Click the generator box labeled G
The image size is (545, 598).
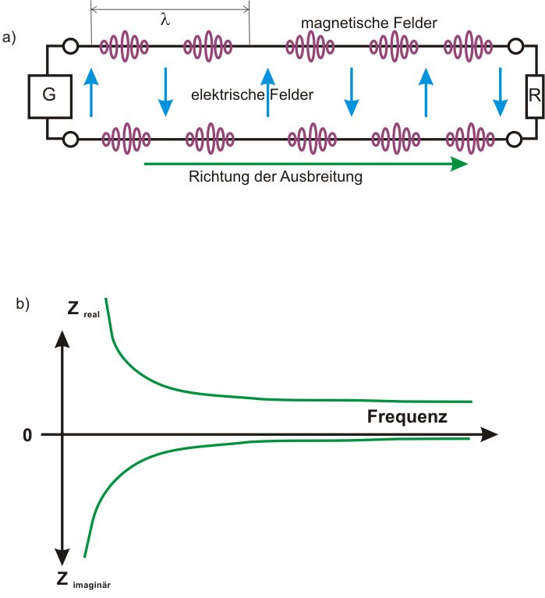click(48, 96)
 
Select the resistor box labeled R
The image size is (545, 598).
click(534, 96)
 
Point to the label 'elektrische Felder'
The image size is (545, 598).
click(252, 95)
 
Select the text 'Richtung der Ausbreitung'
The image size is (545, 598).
click(276, 177)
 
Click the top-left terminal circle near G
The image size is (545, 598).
click(70, 47)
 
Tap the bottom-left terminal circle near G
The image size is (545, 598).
click(70, 140)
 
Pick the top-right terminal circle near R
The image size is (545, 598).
click(515, 47)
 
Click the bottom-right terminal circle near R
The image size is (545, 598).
click(515, 140)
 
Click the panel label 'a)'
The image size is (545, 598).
click(9, 37)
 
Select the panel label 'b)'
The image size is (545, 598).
click(23, 304)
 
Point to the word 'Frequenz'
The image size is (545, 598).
click(407, 416)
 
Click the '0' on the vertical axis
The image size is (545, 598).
click(27, 435)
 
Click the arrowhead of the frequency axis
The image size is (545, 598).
click(489, 434)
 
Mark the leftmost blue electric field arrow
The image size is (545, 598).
click(91, 92)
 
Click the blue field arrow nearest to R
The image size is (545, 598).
click(501, 92)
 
